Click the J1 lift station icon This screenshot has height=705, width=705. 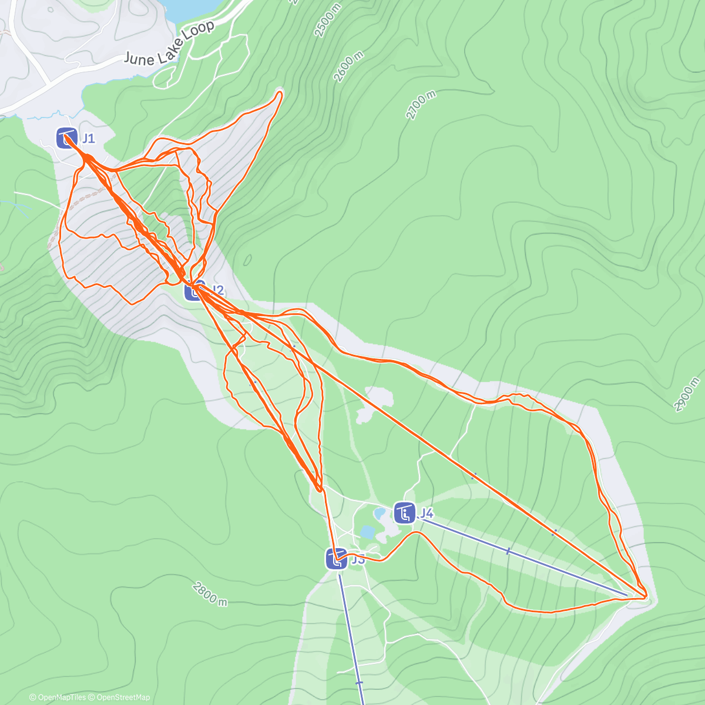66,138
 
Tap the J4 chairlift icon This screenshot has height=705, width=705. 404,513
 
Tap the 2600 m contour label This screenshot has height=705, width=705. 348,67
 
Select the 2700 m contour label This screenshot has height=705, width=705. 421,105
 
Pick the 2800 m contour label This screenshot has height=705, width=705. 209,593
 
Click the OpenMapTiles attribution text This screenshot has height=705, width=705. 58,697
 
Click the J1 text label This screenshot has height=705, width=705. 88,139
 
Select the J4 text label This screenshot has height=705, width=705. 426,513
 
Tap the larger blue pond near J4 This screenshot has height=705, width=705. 368,532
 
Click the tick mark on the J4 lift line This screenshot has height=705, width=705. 508,551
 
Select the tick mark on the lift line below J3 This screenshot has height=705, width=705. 359,683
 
